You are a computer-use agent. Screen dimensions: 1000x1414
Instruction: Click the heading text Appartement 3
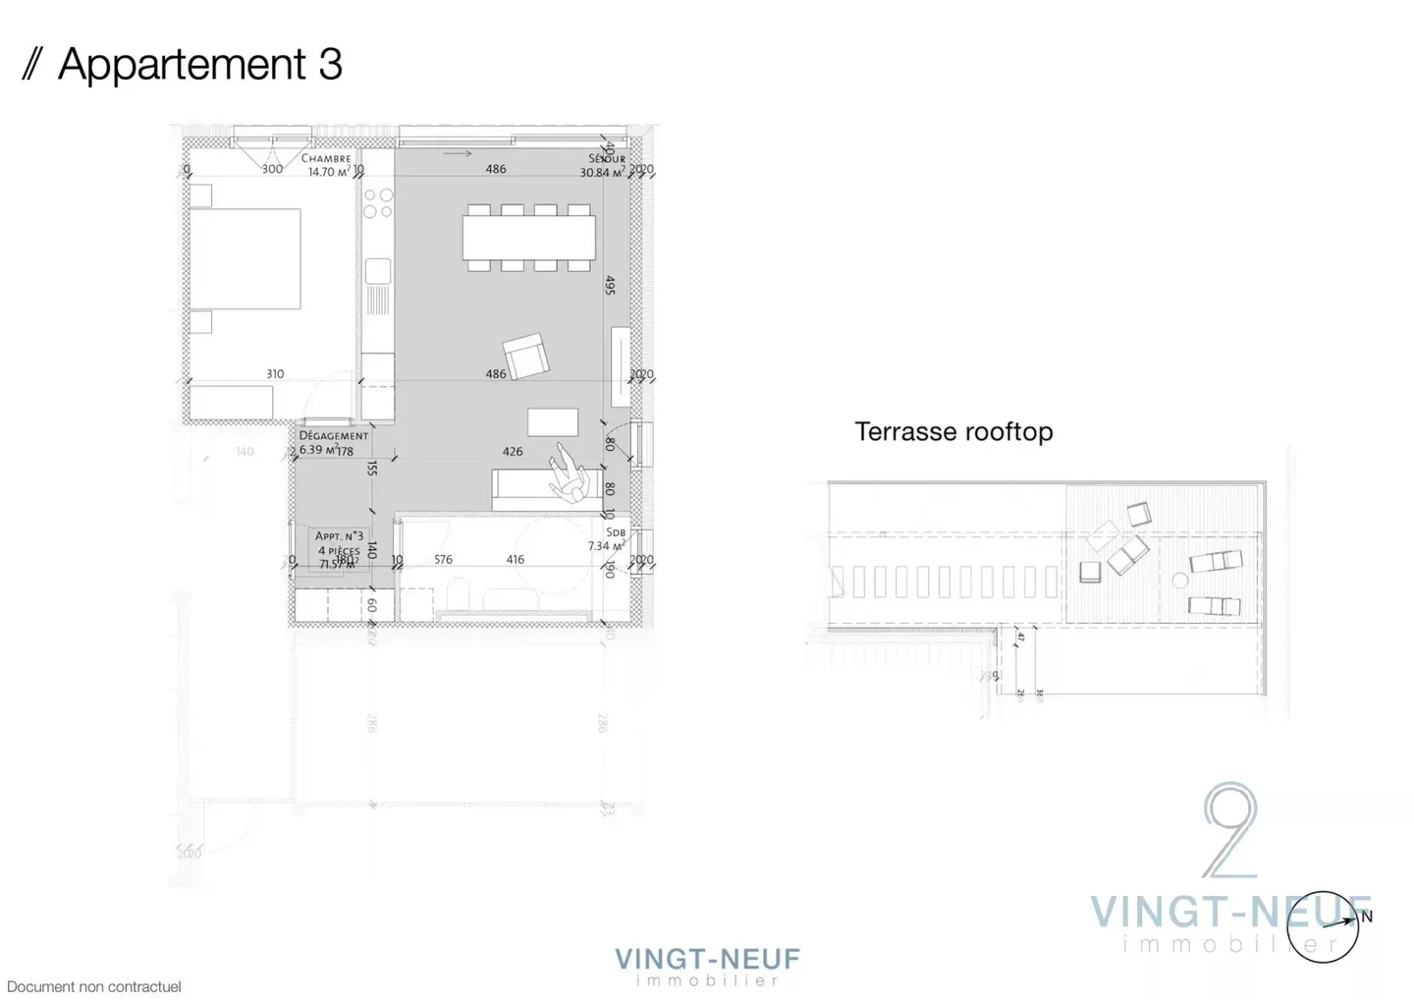(199, 65)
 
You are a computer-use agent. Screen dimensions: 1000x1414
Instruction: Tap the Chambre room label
(326, 158)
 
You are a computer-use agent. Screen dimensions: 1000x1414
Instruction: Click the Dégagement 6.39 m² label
(332, 442)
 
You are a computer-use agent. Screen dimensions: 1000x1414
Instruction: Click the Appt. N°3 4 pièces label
(339, 550)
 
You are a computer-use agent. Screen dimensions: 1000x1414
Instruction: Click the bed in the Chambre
(245, 258)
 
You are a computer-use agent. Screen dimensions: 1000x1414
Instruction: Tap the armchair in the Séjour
(525, 356)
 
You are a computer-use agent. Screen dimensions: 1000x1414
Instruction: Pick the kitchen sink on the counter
(377, 271)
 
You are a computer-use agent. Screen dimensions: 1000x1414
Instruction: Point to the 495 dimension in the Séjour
(610, 285)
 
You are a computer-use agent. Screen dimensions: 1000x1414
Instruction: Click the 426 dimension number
(513, 452)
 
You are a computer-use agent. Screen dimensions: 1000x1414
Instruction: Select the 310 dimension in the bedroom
(275, 374)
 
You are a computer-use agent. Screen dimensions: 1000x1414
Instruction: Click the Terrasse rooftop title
(953, 432)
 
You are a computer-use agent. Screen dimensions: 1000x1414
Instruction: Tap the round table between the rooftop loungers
(1180, 581)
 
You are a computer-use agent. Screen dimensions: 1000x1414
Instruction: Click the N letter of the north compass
(1367, 917)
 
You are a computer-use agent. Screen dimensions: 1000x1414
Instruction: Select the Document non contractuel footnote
(94, 986)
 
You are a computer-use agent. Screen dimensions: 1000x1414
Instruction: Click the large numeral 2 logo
(1229, 830)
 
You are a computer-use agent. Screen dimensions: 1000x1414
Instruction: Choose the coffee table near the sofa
(553, 421)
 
